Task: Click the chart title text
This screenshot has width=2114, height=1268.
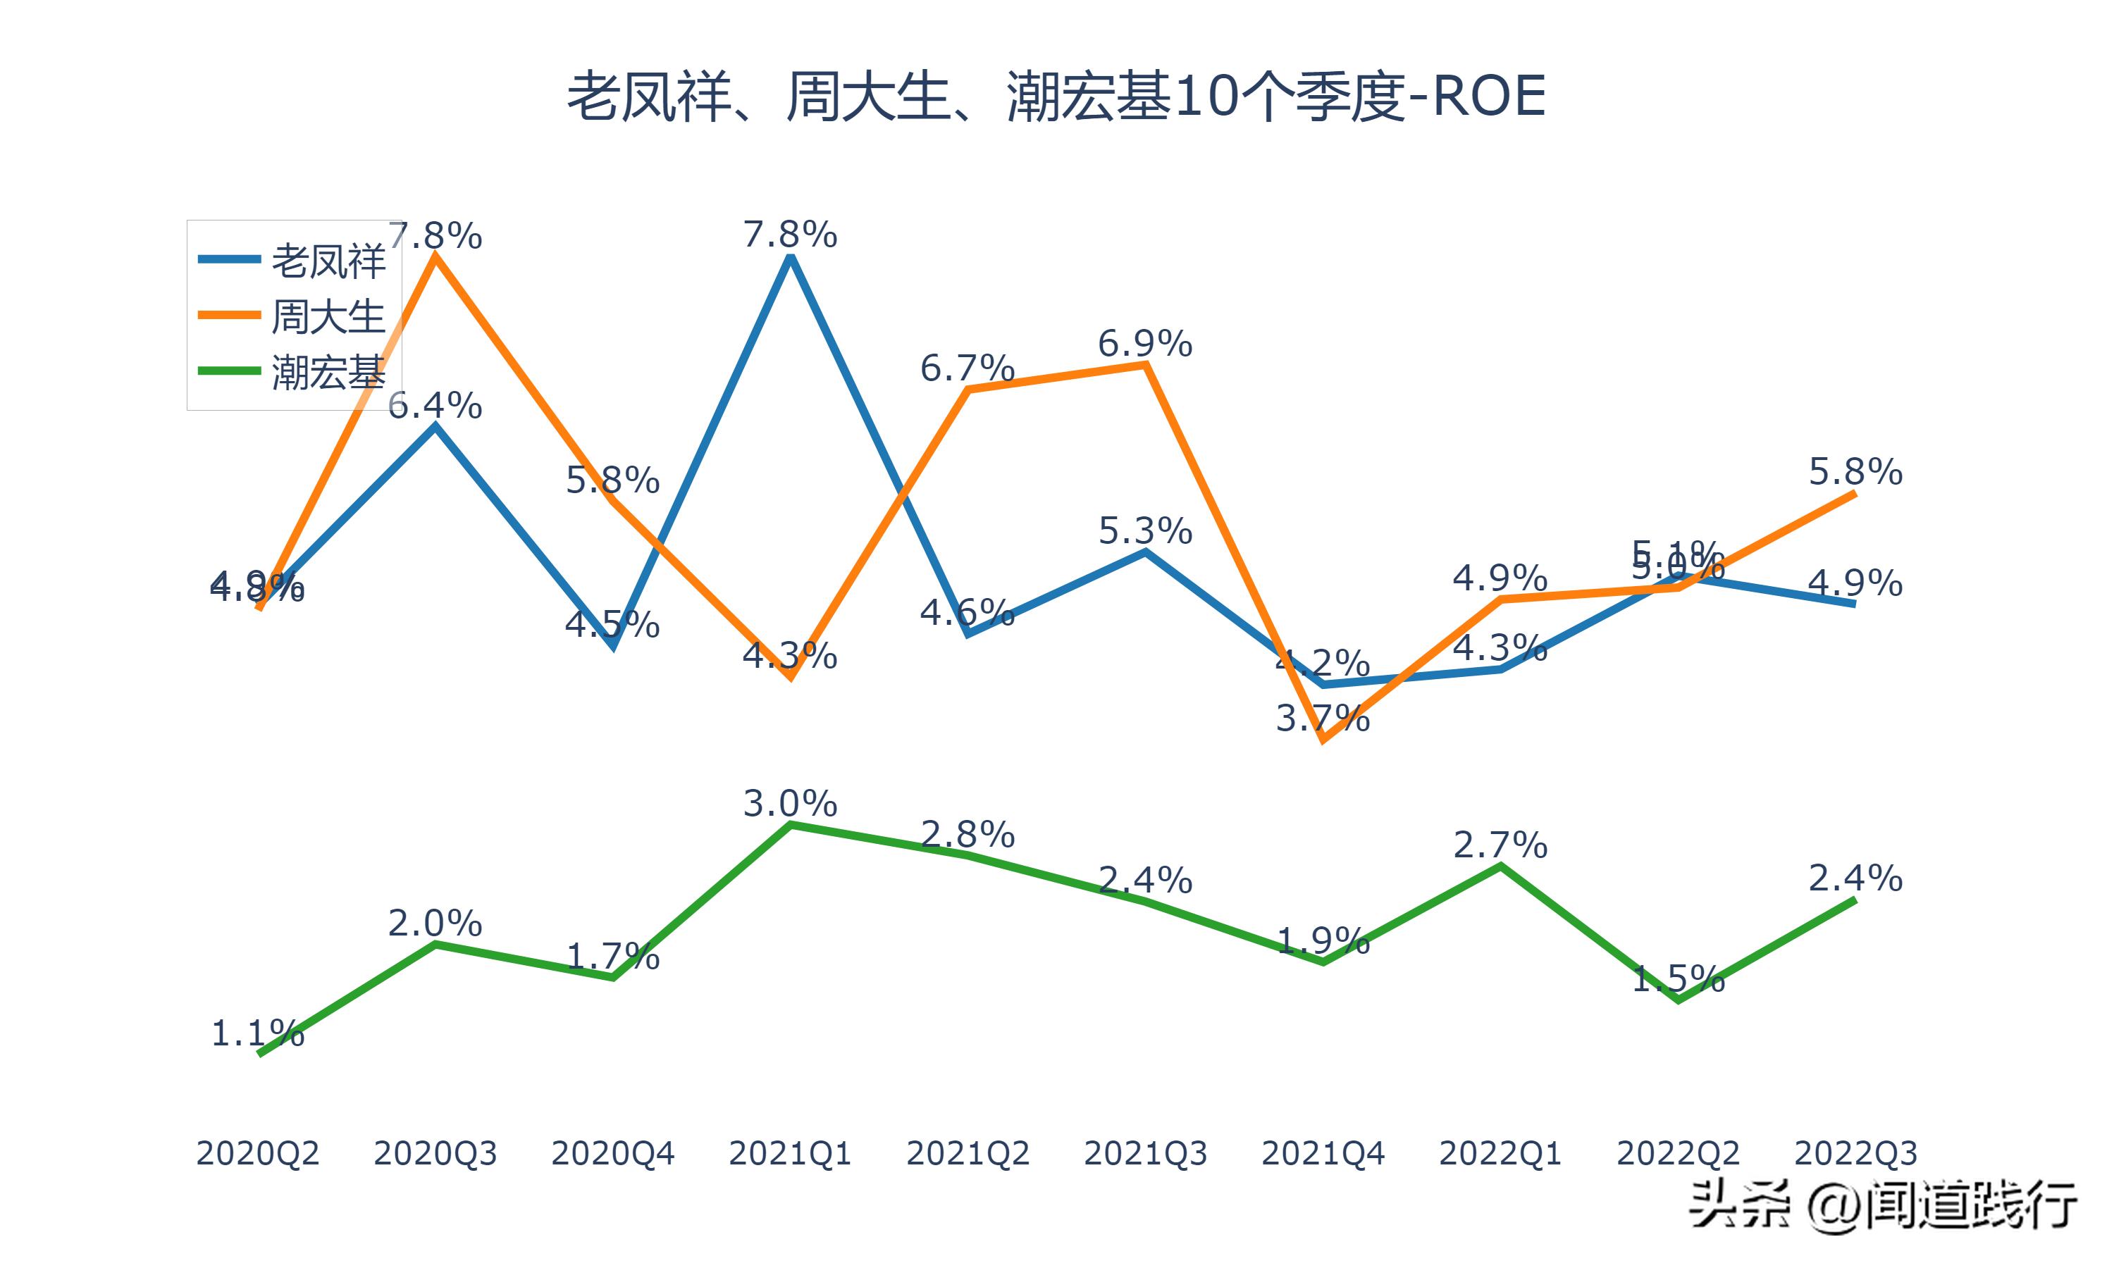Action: pyautogui.click(x=1056, y=97)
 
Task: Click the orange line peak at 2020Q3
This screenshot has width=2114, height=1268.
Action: pyautogui.click(x=435, y=256)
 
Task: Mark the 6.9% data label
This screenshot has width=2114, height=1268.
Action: pyautogui.click(x=1145, y=344)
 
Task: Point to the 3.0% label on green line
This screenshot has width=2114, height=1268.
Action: pyautogui.click(x=791, y=804)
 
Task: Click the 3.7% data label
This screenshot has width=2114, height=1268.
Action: pyautogui.click(x=1323, y=719)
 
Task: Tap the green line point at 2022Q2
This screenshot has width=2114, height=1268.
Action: pyautogui.click(x=1679, y=999)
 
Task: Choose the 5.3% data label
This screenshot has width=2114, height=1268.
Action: pyautogui.click(x=1145, y=531)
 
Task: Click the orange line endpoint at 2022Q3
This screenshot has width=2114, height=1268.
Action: pyautogui.click(x=1854, y=494)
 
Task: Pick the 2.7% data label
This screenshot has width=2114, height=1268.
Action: pyautogui.click(x=1500, y=846)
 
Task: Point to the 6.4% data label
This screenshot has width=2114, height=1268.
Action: pyautogui.click(x=435, y=406)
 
